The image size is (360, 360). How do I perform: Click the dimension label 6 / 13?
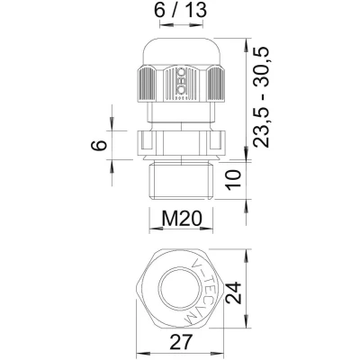[x=181, y=11]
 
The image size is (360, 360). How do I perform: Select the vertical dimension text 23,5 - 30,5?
[x=260, y=97]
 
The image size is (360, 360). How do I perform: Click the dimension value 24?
[x=233, y=293]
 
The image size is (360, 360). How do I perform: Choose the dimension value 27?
[x=181, y=342]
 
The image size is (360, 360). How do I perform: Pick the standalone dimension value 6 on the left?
[x=99, y=145]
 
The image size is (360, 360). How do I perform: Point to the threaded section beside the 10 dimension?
[x=181, y=181]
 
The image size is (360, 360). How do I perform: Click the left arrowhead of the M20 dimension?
[x=156, y=229]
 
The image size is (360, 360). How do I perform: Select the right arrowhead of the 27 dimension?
[x=219, y=353]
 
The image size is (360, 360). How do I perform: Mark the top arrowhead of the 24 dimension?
[x=247, y=256]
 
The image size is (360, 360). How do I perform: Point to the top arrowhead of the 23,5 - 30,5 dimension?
[x=247, y=45]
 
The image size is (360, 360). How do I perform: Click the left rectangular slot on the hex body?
[x=145, y=140]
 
